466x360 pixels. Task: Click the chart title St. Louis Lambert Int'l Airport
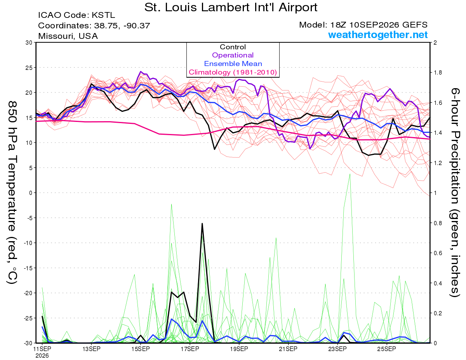pos(231,7)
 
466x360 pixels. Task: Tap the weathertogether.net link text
pos(378,35)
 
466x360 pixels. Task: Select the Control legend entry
pos(233,47)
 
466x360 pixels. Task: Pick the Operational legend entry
pos(233,55)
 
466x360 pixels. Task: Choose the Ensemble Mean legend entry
pos(233,64)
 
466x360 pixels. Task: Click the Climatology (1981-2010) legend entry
pos(233,72)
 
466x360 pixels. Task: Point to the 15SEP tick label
pos(141,349)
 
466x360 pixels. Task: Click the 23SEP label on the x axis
pos(337,349)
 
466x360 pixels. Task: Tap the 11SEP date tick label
pos(42,349)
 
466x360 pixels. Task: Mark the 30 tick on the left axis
pos(29,43)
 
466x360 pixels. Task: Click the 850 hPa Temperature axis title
pos(12,192)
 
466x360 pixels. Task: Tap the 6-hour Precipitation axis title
pos(455,192)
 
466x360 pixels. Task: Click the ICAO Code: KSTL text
pos(77,15)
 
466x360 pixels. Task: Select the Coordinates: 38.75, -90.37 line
pos(94,26)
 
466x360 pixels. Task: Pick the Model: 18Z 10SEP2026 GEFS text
pos(363,25)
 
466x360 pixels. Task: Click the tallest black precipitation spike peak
pos(202,224)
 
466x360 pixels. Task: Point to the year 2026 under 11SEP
pos(42,356)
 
